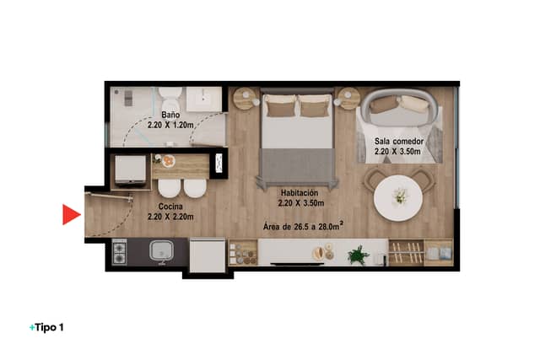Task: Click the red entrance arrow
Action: [x=70, y=214]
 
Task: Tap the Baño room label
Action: [x=170, y=115]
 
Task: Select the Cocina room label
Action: [x=170, y=207]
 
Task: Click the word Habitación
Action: [x=300, y=193]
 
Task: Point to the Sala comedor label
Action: [x=399, y=141]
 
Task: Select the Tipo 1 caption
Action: [x=46, y=327]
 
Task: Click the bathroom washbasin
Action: [x=204, y=99]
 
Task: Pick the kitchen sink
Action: [x=161, y=250]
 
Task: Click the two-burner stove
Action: [x=120, y=252]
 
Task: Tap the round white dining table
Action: [x=398, y=198]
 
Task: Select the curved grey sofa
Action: [x=399, y=107]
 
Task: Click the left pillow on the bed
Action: [x=281, y=105]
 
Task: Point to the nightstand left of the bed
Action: [x=246, y=99]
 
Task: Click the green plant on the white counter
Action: [x=358, y=255]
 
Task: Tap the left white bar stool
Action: [x=169, y=188]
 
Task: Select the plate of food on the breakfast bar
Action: [x=168, y=161]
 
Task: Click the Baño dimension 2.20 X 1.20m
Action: [x=170, y=125]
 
